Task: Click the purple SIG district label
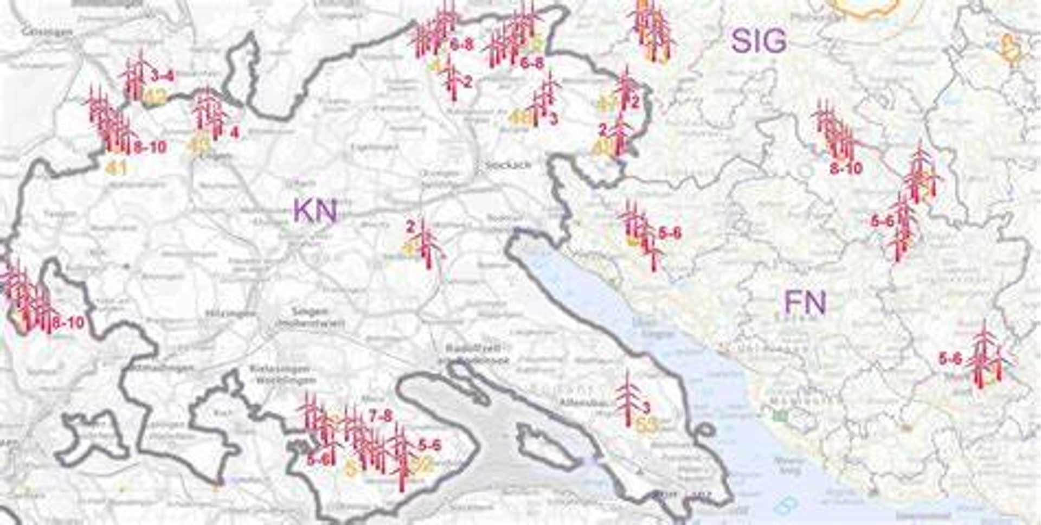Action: click(x=759, y=41)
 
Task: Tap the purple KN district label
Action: click(x=315, y=210)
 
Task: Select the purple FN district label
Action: click(x=805, y=303)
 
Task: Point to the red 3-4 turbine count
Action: click(x=163, y=75)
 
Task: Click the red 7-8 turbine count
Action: click(x=380, y=417)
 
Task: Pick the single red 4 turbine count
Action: click(x=234, y=132)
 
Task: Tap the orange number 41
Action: click(x=117, y=168)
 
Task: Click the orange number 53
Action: click(x=647, y=425)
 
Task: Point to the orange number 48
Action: click(x=520, y=117)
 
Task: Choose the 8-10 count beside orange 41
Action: click(x=150, y=147)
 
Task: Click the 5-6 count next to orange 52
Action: click(x=429, y=446)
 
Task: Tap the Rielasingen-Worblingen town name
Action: click(x=282, y=374)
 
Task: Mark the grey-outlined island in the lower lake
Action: click(x=544, y=446)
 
